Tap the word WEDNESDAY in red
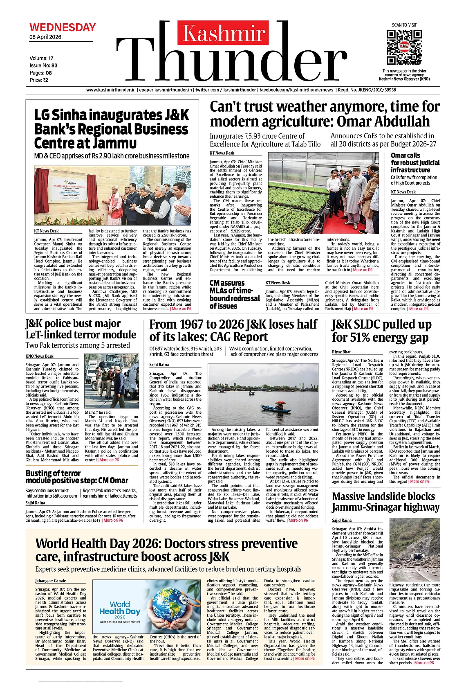63,27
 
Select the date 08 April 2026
45,37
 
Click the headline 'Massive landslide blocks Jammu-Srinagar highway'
385,502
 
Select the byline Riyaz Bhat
341,352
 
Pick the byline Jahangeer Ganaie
50,581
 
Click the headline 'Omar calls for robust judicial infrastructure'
415,162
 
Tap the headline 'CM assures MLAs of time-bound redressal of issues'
234,294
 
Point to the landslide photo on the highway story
414,550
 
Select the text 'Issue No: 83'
43,65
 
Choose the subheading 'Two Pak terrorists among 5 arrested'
78,345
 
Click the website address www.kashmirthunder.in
111,90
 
